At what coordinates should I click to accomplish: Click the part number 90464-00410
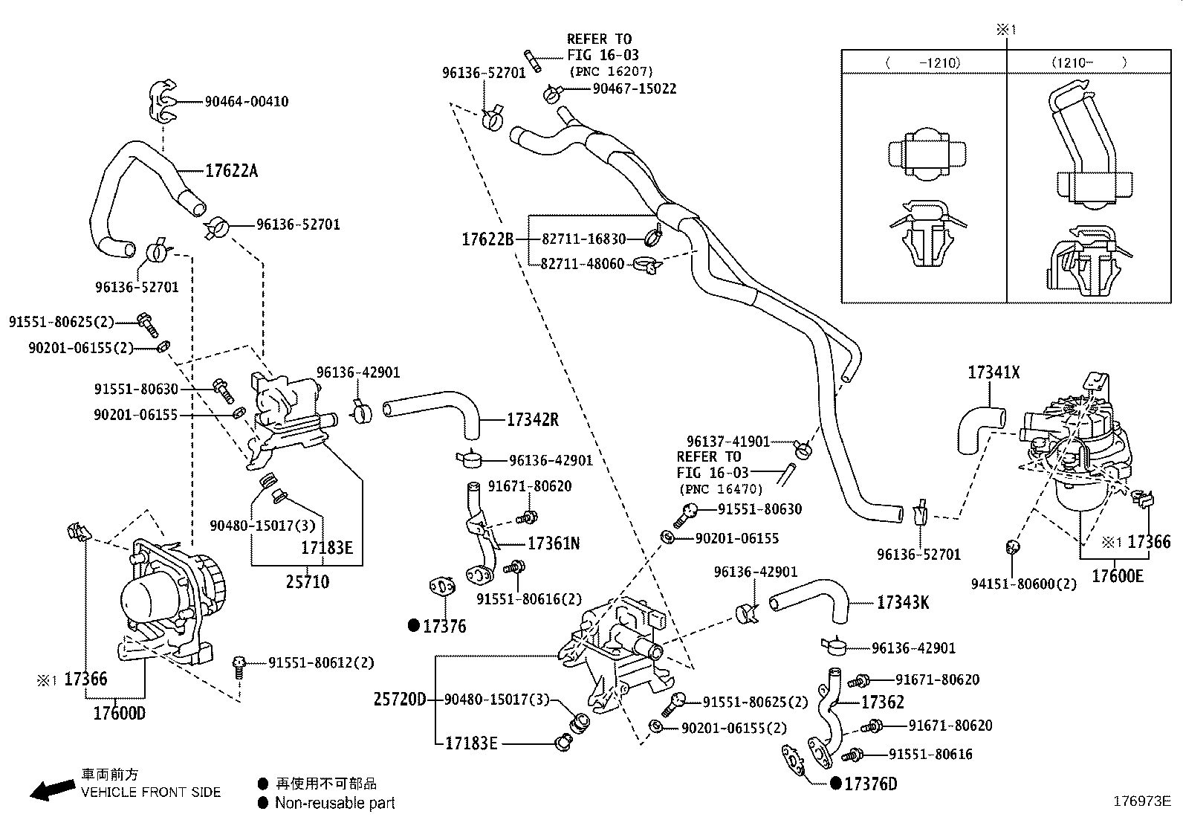pos(247,101)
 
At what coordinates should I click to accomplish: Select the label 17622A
pos(231,171)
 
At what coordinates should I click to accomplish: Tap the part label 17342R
pos(532,419)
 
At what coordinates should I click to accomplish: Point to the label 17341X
pos(994,372)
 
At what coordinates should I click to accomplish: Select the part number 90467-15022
pos(634,88)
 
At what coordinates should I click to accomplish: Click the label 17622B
pos(487,239)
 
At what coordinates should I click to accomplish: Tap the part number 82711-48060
pos(582,264)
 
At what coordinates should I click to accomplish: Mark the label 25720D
pos(400,699)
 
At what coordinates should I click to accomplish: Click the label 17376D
pos(871,784)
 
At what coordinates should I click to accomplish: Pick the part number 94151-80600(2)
pos(1023,584)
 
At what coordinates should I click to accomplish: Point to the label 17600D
pos(119,713)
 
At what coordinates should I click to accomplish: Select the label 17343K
pos(902,602)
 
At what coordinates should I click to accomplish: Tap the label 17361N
pos(554,543)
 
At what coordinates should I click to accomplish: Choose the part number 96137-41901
pos(727,442)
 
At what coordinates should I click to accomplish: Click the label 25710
pos(307,581)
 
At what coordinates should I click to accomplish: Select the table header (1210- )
pos(1088,62)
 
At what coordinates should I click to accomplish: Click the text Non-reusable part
pos(334,803)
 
